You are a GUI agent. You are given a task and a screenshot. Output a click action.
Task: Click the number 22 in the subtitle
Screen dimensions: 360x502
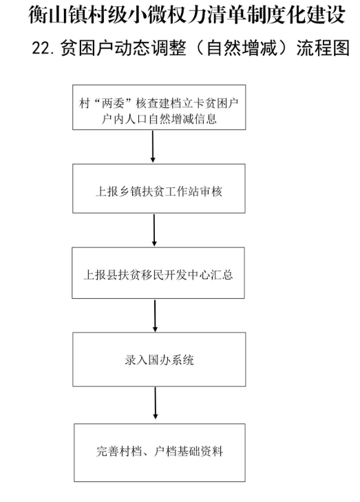coord(41,49)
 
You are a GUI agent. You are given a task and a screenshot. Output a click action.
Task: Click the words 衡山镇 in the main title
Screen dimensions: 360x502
coord(54,14)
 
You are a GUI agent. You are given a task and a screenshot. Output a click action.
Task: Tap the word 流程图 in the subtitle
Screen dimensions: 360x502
coord(323,49)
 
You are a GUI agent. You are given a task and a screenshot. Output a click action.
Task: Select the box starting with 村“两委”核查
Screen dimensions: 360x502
coord(159,107)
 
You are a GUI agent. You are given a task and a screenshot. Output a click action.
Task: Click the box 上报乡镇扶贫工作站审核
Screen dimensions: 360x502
coord(159,189)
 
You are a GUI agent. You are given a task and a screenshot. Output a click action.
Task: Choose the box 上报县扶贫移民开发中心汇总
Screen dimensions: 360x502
coord(158,273)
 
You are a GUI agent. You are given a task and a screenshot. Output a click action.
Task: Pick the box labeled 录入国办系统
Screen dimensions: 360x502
coord(159,359)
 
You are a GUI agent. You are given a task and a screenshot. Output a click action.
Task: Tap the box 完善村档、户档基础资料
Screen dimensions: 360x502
coord(160,452)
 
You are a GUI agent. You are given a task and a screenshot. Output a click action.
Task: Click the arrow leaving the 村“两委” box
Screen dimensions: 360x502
coord(153,146)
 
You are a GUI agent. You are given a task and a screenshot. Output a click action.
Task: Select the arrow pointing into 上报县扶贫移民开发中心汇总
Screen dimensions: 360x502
coord(154,230)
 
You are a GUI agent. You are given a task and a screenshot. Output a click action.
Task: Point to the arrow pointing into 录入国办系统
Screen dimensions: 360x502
coord(155,315)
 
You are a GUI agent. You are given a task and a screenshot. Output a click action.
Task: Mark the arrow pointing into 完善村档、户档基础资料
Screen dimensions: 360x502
coord(156,403)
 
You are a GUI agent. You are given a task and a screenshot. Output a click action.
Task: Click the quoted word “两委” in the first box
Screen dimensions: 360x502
coord(113,104)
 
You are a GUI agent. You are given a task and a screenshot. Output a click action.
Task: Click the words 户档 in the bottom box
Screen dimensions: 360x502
coord(165,452)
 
